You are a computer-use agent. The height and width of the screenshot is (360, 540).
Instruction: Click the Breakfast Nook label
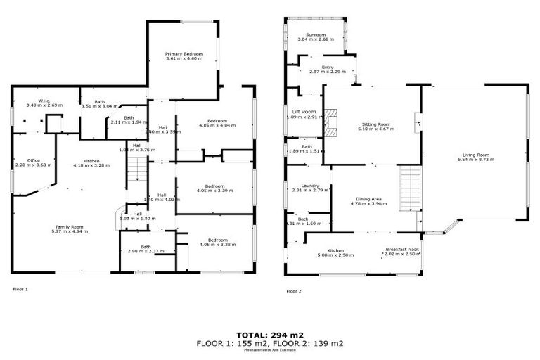[401, 250]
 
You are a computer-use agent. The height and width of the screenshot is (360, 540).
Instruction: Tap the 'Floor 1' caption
[20, 289]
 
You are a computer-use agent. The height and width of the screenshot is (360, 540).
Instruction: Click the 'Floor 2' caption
[294, 290]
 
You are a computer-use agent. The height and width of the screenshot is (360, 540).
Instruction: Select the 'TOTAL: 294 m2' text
[269, 334]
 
